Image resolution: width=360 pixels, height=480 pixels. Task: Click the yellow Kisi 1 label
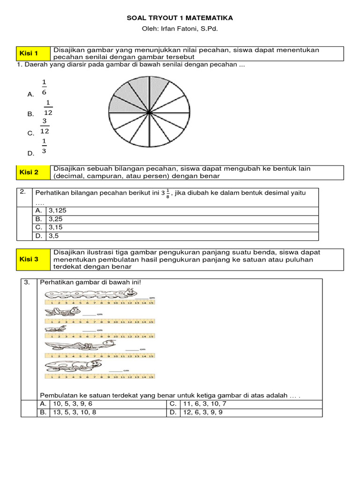point(33,53)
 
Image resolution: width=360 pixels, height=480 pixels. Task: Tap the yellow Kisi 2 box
point(33,172)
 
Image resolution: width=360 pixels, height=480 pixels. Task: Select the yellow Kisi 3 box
point(33,259)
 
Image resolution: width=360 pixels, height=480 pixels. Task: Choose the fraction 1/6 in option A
point(44,88)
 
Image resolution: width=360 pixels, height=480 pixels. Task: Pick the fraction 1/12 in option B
point(48,107)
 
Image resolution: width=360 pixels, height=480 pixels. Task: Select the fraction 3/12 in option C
point(45,127)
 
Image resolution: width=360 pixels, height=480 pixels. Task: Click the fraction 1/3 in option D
point(44,146)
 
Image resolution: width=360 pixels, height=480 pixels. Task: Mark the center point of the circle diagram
point(149,113)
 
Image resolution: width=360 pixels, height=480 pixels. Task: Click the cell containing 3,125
point(57,210)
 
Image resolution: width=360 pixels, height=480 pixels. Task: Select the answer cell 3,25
point(55,219)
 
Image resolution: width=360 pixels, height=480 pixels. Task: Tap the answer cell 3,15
point(55,227)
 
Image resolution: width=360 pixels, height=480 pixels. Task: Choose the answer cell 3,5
point(53,236)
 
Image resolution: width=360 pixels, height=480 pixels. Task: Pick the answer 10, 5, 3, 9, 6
point(67,404)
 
